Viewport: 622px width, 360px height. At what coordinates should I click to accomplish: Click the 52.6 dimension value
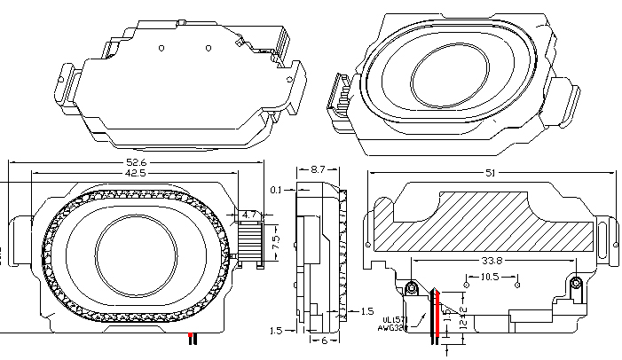136,162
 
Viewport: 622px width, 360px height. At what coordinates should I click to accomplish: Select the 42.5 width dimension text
136,174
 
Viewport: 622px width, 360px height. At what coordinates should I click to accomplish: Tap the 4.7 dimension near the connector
249,214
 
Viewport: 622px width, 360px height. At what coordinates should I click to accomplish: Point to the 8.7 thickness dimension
318,167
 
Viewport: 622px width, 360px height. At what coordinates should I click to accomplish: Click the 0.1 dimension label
277,190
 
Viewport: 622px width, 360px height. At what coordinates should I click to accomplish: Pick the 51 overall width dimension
492,174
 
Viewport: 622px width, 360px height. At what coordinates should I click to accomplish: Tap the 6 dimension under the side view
324,340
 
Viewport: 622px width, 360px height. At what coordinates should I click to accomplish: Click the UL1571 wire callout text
396,317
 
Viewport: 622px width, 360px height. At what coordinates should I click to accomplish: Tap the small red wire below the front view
191,339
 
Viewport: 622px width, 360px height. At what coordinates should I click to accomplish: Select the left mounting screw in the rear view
412,288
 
